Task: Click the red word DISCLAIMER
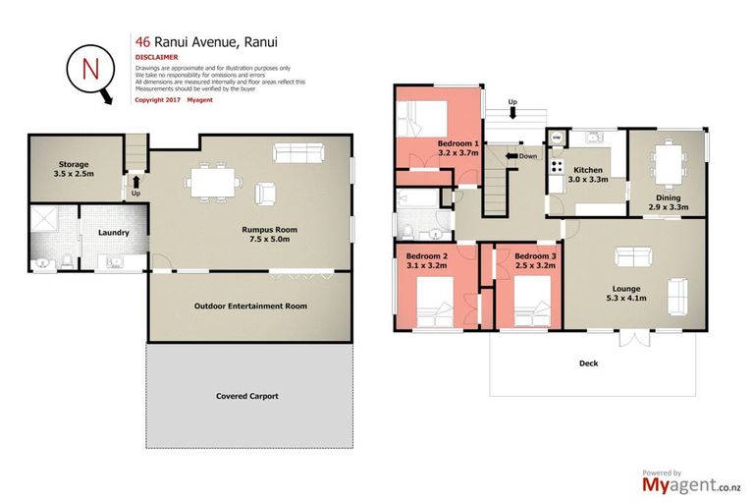point(156,57)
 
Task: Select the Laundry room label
point(113,233)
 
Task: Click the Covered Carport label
point(247,396)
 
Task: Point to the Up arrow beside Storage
point(135,182)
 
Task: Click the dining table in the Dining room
point(667,159)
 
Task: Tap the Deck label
point(588,363)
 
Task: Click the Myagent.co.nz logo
point(688,483)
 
